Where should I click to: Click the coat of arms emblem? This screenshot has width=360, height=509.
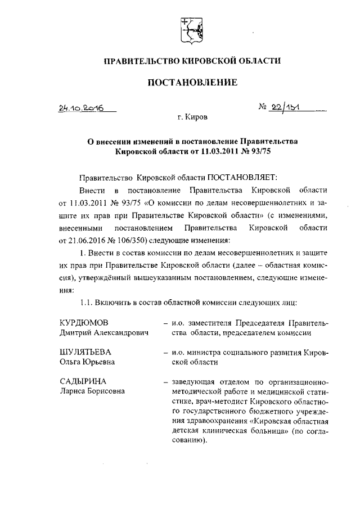190,30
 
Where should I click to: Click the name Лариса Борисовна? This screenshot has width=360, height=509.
93,393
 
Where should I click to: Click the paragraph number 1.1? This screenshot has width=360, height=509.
87,303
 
